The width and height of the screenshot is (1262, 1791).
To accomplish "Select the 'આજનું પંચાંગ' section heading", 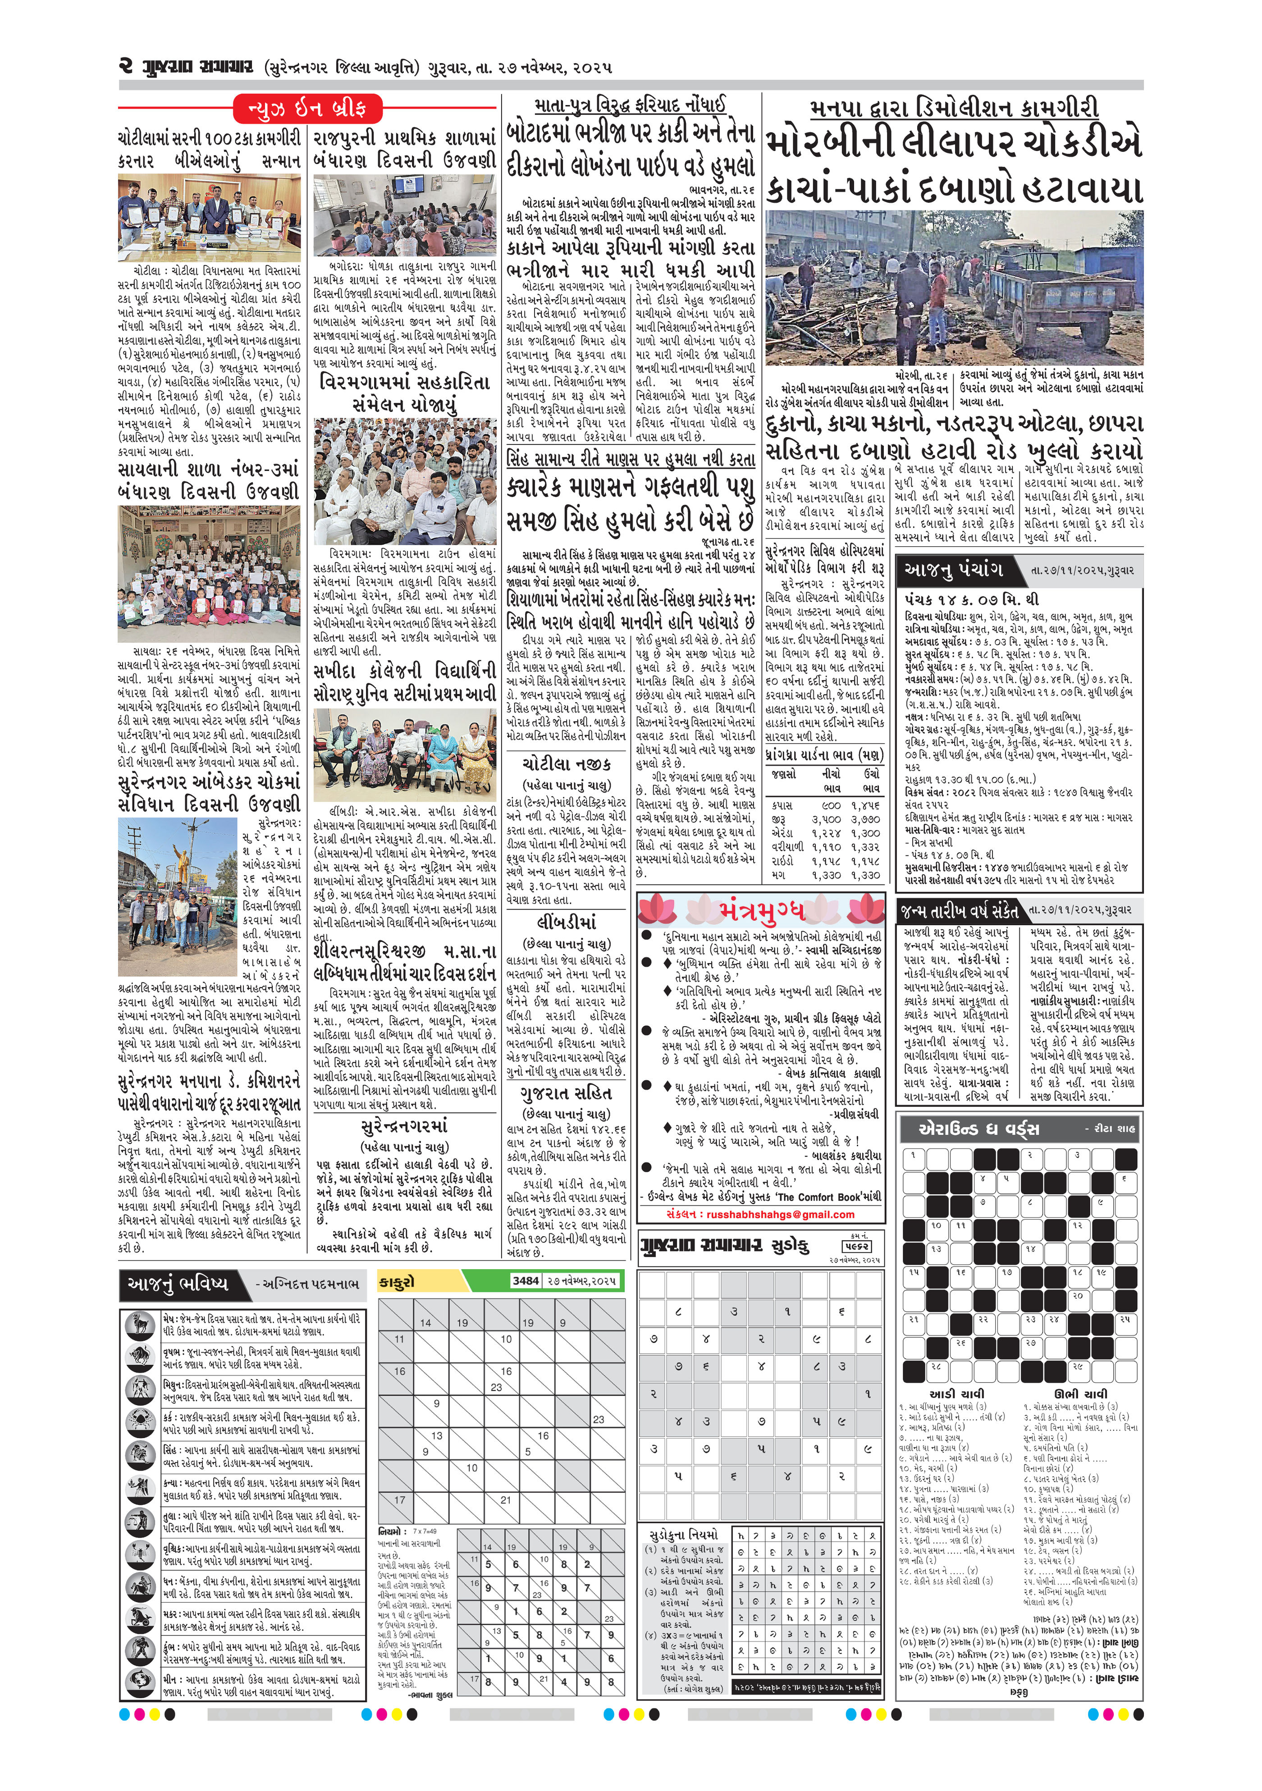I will coord(953,570).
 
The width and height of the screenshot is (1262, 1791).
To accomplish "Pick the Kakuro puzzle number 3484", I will coord(525,1280).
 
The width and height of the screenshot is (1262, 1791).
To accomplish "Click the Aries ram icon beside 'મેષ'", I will coord(141,1325).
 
